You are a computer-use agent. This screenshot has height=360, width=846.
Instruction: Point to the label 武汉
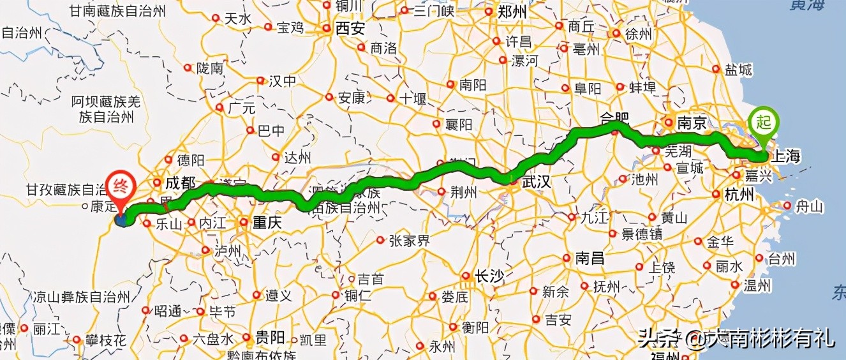536,183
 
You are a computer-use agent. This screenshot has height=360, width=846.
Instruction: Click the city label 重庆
267,223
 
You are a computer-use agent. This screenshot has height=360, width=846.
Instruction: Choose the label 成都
180,183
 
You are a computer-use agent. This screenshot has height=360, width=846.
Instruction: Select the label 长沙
488,276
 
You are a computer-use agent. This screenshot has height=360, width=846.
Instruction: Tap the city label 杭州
739,195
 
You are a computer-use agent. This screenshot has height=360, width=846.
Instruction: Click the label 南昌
590,259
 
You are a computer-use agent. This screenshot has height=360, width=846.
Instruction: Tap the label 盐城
739,70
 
